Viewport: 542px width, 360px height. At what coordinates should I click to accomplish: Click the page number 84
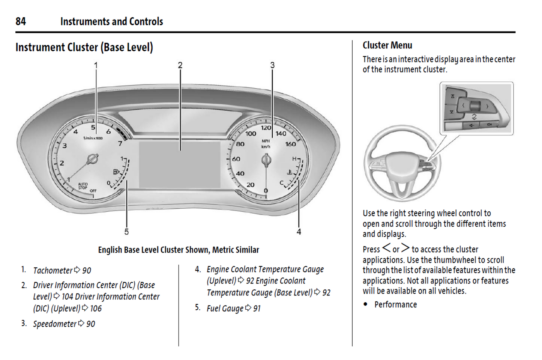click(21, 21)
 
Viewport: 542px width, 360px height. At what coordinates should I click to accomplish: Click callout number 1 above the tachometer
click(96, 65)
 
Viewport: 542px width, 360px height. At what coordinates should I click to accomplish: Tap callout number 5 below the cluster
click(126, 232)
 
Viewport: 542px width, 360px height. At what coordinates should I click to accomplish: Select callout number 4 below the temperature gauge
click(299, 232)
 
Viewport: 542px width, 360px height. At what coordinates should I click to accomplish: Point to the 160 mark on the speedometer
click(290, 144)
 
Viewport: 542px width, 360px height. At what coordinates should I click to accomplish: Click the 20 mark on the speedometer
click(250, 185)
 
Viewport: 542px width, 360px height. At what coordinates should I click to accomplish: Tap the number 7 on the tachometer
click(120, 143)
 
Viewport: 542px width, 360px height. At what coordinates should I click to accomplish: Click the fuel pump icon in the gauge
click(116, 172)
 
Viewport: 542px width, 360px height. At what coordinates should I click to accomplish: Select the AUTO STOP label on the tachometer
click(83, 186)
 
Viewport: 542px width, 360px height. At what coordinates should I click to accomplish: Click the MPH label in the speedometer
click(266, 141)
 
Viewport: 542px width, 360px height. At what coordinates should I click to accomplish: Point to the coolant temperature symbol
click(290, 172)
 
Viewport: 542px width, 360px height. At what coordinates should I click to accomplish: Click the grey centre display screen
click(179, 164)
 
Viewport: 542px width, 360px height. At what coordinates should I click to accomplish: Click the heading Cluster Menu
click(387, 45)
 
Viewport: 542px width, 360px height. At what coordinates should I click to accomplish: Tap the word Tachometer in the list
click(53, 271)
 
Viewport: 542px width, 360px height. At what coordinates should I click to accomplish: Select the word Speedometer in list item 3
click(55, 324)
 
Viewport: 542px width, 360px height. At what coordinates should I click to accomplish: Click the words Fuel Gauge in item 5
click(225, 309)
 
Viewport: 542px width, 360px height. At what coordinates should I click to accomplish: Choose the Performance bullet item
click(395, 304)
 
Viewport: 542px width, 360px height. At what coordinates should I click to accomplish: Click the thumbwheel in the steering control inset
click(474, 106)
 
